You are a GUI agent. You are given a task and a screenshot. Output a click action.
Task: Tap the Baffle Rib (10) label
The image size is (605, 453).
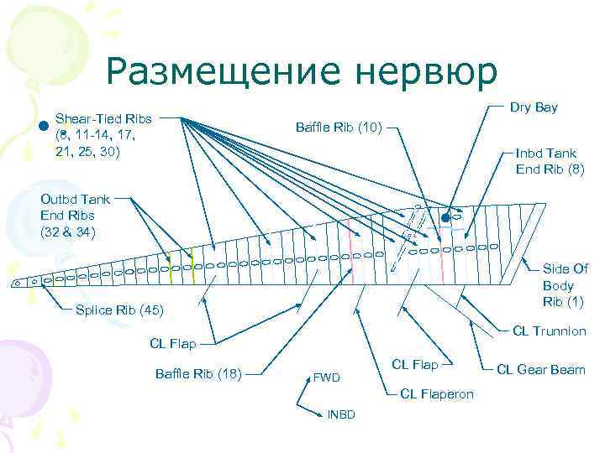click(339, 128)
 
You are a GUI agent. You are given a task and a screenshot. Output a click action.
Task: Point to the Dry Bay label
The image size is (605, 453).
click(534, 108)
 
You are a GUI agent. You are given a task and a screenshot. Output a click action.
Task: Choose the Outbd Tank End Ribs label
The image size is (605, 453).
click(75, 216)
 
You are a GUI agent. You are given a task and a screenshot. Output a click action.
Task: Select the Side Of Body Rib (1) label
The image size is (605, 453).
click(565, 285)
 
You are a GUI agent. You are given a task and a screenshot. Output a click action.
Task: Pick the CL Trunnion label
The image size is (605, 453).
click(550, 331)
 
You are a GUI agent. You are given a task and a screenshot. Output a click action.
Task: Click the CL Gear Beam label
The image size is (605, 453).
click(541, 369)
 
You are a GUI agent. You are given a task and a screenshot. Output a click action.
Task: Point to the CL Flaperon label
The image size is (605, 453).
click(437, 393)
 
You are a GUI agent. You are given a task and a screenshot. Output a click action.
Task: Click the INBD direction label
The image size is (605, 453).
click(341, 414)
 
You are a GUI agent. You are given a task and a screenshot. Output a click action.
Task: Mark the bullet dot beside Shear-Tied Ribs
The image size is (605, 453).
click(43, 127)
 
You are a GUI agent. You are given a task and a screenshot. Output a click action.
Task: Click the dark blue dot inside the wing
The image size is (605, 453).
click(446, 219)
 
